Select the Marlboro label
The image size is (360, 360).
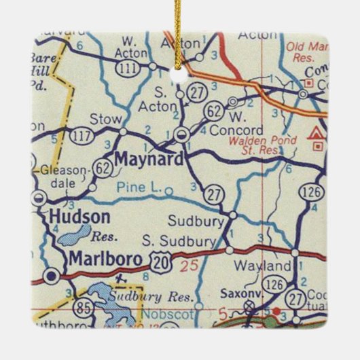(105, 259)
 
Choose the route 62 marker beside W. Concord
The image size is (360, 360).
(213, 107)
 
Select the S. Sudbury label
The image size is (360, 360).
(179, 241)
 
